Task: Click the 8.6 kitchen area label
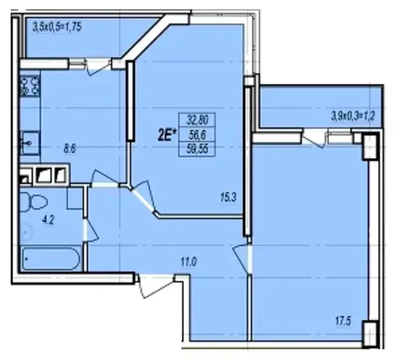coord(70,148)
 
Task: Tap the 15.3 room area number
coord(228,198)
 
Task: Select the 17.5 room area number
coord(343,321)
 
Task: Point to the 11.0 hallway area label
coord(189,262)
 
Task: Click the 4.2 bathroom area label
coord(49,220)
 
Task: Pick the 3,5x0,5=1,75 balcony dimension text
coord(57,27)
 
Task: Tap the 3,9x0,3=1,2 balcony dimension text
coord(354,117)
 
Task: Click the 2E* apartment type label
coord(166,136)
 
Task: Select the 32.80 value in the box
coord(197,120)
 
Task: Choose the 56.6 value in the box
coord(197,135)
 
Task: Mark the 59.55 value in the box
coord(197,149)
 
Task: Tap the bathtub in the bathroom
coord(51,258)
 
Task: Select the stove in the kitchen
coord(30,86)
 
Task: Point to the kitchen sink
coord(30,142)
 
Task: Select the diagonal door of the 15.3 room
coord(143,197)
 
